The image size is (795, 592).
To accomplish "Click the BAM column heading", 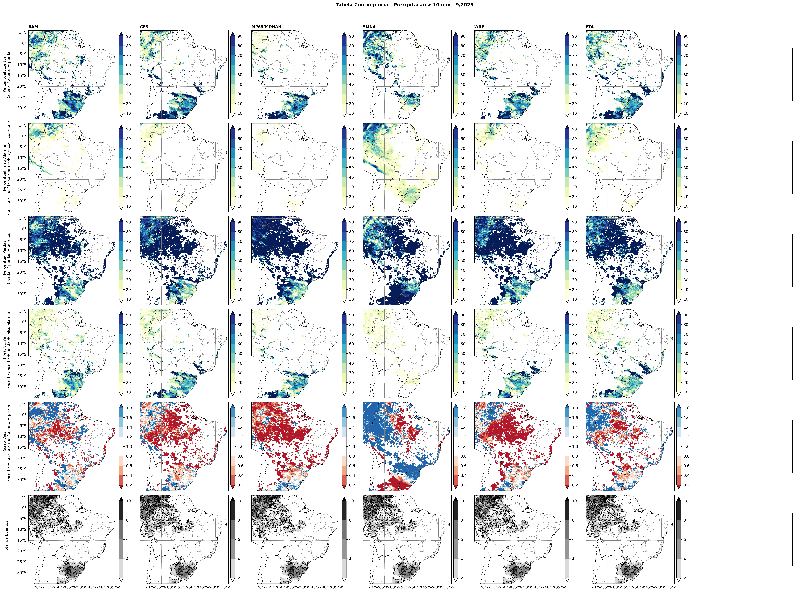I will pyautogui.click(x=33, y=27).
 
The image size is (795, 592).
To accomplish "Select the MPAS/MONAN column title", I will pyautogui.click(x=266, y=27).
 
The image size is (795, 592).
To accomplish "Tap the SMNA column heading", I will pyautogui.click(x=369, y=27).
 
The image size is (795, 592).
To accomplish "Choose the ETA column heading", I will pyautogui.click(x=589, y=27).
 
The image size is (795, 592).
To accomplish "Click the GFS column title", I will pyautogui.click(x=144, y=27).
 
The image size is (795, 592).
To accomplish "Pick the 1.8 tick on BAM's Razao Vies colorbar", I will pyautogui.click(x=129, y=408).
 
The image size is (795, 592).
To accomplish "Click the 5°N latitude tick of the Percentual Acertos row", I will pyautogui.click(x=23, y=32).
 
